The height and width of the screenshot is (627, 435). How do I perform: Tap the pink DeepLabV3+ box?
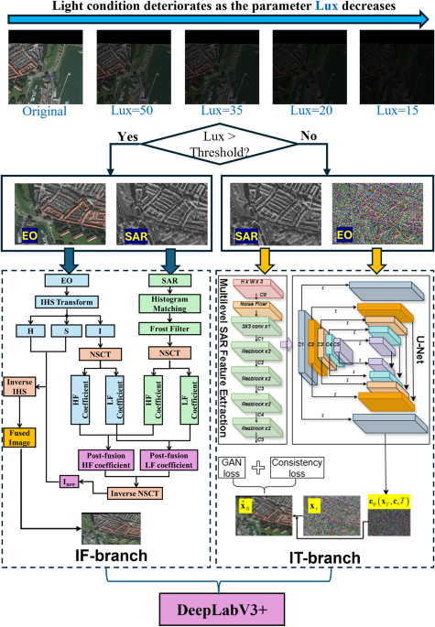(217, 608)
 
